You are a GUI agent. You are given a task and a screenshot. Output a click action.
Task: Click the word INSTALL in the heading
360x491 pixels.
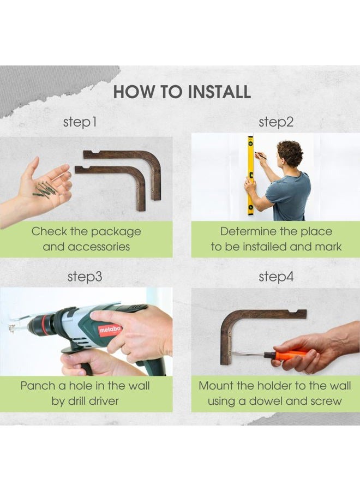click(x=219, y=92)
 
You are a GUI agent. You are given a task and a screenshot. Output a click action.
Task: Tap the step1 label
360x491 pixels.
click(x=80, y=122)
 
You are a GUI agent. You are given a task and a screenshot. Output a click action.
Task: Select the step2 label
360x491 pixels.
click(x=276, y=122)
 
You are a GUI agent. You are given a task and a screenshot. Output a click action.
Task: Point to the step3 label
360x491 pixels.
click(x=85, y=277)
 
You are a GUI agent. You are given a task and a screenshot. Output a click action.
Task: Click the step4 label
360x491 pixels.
click(x=276, y=277)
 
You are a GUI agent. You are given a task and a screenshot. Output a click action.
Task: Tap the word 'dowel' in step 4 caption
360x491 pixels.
click(x=266, y=401)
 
